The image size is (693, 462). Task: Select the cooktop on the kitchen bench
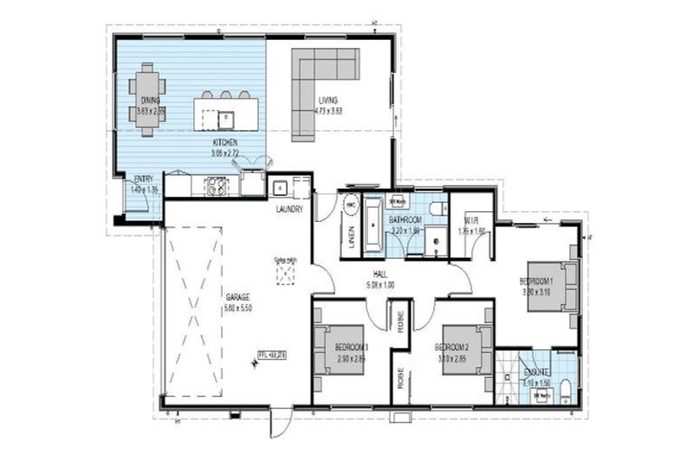(217, 187)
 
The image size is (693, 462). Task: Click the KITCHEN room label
(225, 143)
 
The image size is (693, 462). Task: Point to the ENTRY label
(143, 179)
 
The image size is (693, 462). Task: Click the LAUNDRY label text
(289, 209)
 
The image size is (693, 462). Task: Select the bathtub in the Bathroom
(371, 223)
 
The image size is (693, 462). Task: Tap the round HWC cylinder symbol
(349, 204)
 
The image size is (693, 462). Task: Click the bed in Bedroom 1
(551, 286)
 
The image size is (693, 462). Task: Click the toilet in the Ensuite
(566, 389)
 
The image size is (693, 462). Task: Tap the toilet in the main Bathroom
(437, 208)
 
